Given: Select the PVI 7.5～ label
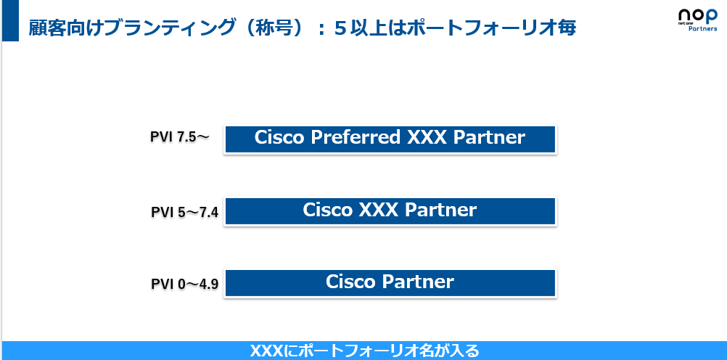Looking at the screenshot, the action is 179,136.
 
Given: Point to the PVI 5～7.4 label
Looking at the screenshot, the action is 185,212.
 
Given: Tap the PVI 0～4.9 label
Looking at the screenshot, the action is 185,283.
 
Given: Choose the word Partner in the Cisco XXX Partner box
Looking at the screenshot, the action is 440,210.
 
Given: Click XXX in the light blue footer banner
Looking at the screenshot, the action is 266,351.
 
